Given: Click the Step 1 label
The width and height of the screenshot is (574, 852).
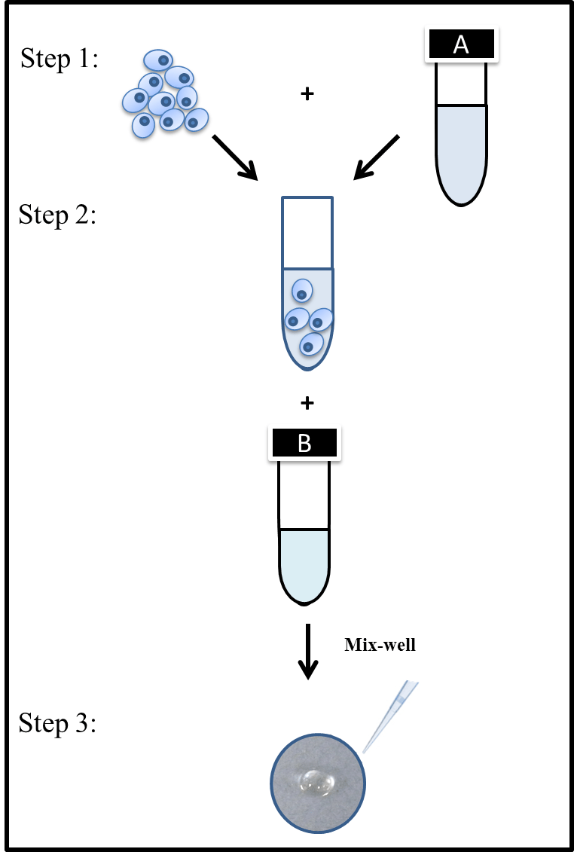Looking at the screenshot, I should tap(59, 58).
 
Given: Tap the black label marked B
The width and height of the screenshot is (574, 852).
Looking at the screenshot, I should tap(304, 443).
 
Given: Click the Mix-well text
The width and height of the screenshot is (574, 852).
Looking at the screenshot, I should tap(380, 645).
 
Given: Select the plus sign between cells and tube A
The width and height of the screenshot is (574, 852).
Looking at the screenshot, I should tap(307, 95).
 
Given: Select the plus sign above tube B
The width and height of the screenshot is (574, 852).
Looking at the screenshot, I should tap(307, 404).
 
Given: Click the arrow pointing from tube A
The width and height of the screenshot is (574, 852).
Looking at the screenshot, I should tap(377, 158).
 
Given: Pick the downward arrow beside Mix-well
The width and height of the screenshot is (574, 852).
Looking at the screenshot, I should tap(307, 651).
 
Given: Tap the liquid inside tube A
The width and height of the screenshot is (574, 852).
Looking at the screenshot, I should tap(462, 151).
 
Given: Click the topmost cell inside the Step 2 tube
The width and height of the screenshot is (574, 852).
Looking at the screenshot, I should tap(302, 291).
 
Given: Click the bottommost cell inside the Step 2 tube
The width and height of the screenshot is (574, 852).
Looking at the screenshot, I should tap(310, 345).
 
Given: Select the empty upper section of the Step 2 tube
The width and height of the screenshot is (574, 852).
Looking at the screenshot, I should tap(307, 232).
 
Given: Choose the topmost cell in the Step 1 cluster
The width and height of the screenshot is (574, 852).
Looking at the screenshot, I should tap(158, 60).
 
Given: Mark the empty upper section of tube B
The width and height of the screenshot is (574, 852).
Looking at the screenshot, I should tap(304, 493).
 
